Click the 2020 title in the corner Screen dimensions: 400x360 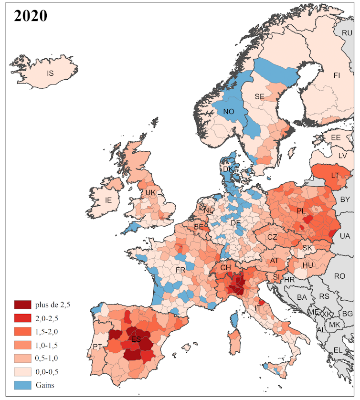click(31, 16)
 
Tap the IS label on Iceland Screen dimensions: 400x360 click(50, 74)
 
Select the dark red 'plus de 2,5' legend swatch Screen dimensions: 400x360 click(22, 305)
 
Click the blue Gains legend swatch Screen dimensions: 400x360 click(22, 384)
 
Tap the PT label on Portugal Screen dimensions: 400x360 click(97, 347)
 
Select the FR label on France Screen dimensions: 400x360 click(180, 270)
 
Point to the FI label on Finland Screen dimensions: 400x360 click(337, 75)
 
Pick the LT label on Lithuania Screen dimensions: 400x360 click(335, 175)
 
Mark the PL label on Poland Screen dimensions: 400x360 click(301, 211)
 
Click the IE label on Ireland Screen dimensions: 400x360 click(108, 200)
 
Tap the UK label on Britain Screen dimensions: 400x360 click(151, 193)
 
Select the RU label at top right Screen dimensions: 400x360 click(347, 33)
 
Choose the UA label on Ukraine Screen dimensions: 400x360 click(345, 236)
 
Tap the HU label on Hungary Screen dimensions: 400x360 click(308, 265)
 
